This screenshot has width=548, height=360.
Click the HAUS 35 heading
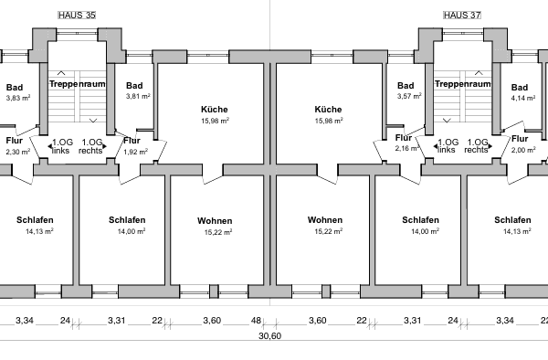click(x=77, y=16)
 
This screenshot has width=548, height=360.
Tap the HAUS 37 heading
click(x=461, y=16)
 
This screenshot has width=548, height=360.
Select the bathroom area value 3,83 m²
click(x=17, y=97)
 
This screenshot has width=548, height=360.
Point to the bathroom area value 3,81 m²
click(x=137, y=96)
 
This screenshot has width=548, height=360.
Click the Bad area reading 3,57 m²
click(x=408, y=96)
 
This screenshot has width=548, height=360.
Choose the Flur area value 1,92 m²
click(x=135, y=151)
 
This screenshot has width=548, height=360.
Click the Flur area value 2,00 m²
click(x=523, y=150)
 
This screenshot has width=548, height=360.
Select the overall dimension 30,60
click(x=269, y=336)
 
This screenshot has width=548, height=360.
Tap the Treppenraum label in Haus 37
click(x=463, y=84)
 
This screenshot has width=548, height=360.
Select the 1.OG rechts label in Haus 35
click(x=91, y=146)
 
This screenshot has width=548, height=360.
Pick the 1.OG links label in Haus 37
click(x=448, y=146)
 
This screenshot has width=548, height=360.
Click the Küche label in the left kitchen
click(x=215, y=109)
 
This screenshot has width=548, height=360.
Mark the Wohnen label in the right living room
click(x=325, y=220)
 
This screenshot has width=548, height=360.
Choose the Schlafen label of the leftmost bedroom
click(x=35, y=220)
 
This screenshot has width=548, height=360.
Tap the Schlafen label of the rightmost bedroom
click(x=512, y=220)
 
